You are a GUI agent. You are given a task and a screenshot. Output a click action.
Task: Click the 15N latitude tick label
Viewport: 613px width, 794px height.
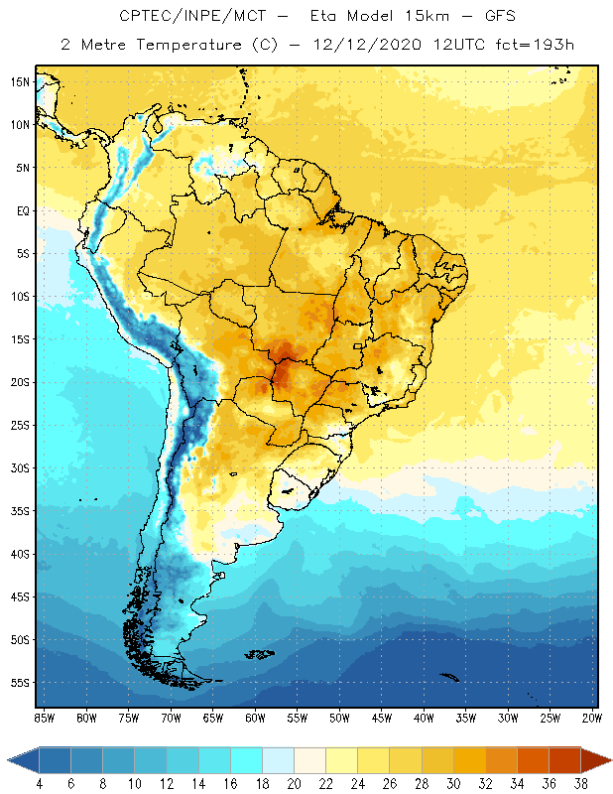[19, 81]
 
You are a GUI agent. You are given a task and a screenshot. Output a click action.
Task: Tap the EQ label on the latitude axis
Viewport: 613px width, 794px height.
[21, 210]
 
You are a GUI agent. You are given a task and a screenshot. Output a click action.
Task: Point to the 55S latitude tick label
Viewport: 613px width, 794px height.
[19, 683]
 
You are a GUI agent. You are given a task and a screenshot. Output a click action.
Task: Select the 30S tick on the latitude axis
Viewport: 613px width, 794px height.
[19, 467]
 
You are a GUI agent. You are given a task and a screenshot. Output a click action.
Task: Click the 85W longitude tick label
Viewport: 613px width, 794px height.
[44, 718]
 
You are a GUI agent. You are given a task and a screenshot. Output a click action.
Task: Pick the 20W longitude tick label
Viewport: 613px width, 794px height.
[591, 718]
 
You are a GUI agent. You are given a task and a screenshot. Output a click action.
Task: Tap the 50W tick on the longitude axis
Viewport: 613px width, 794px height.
[339, 718]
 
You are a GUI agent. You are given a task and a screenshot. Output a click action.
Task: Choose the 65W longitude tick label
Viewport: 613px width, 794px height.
[212, 718]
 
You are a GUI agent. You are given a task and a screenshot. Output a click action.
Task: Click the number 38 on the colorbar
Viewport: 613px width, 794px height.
[581, 784]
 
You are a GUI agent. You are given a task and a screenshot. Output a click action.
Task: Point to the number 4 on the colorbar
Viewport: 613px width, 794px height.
[40, 784]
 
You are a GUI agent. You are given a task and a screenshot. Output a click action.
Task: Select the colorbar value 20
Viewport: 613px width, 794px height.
[295, 784]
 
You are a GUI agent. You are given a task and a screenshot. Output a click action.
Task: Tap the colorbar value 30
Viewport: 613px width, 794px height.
[453, 784]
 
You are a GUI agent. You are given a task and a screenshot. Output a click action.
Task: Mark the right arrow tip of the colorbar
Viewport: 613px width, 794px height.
[607, 760]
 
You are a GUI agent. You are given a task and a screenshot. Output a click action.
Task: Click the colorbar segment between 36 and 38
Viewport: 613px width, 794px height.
[565, 760]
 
